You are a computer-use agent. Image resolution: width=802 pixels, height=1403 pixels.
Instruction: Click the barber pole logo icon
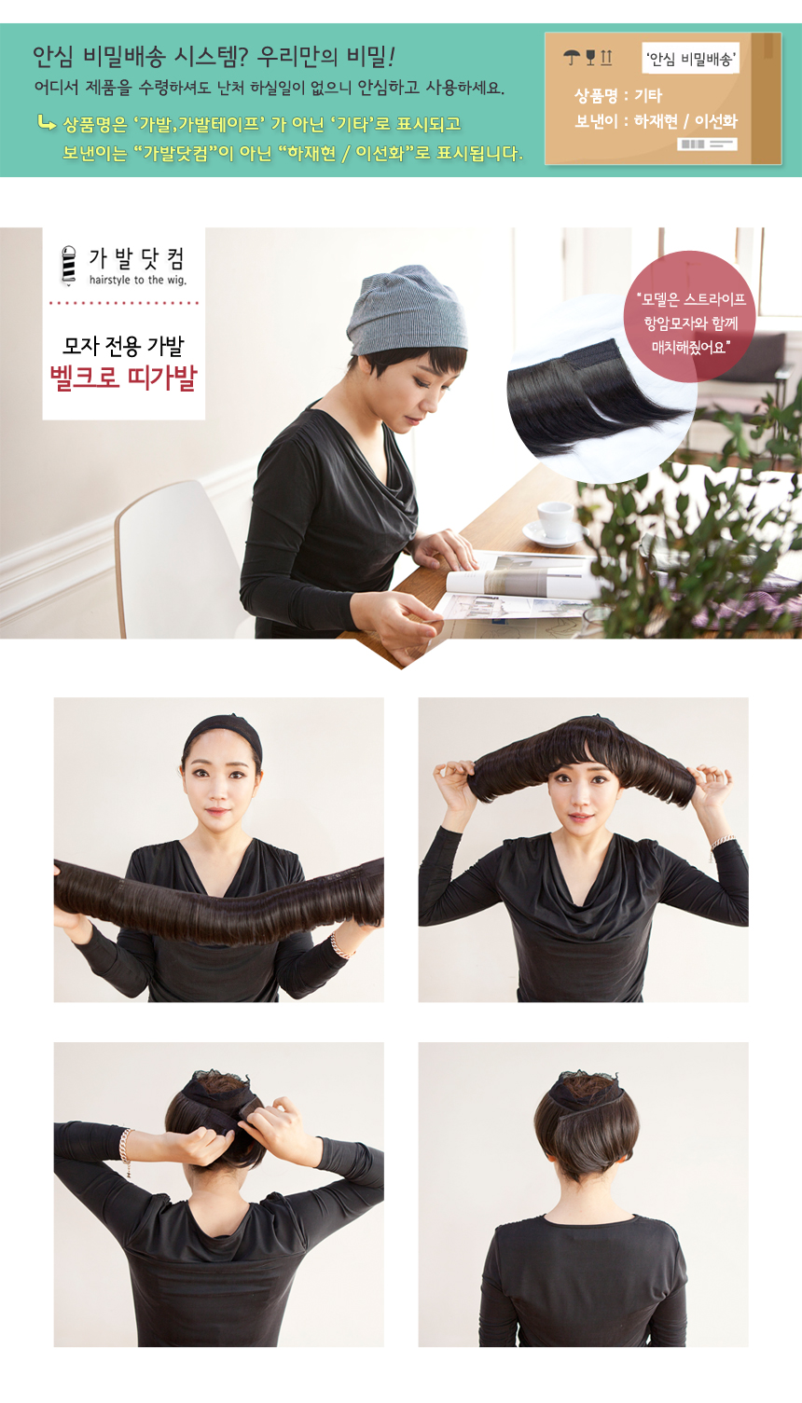tap(69, 266)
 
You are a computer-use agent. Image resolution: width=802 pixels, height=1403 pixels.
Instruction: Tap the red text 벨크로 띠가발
tap(123, 378)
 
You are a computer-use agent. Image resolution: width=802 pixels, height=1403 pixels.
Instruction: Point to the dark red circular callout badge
tap(690, 316)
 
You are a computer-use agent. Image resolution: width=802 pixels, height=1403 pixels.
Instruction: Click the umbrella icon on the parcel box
tap(571, 58)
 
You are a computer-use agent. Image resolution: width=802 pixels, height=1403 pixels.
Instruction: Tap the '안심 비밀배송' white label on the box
tap(690, 58)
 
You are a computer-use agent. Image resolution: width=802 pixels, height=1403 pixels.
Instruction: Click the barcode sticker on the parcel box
tap(707, 144)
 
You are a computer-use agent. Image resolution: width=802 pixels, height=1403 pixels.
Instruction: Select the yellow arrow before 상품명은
tap(47, 122)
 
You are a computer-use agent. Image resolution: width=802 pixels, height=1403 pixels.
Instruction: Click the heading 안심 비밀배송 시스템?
tap(142, 57)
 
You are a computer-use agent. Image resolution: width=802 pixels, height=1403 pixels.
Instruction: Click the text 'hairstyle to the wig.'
tap(138, 280)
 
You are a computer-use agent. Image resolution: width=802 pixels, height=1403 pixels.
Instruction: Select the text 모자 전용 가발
tap(123, 345)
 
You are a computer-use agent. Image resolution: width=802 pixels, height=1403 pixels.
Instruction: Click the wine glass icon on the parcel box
tap(590, 58)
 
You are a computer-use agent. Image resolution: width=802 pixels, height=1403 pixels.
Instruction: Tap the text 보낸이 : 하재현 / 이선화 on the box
tap(656, 121)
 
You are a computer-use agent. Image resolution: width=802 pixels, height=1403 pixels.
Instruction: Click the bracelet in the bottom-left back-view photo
tap(126, 1151)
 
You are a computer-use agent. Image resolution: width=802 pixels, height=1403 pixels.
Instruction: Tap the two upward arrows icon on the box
tap(606, 58)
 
